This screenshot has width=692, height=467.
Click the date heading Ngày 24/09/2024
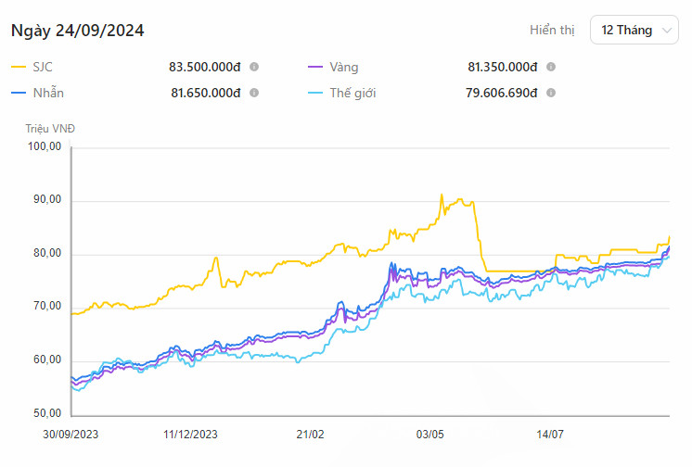click(x=77, y=31)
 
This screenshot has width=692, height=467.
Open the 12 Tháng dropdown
click(x=634, y=31)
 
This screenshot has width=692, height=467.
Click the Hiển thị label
click(x=552, y=31)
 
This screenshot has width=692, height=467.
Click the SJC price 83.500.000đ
click(x=205, y=68)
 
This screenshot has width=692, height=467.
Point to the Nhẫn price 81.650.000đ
click(x=205, y=93)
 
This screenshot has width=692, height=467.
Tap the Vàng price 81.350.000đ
click(x=503, y=68)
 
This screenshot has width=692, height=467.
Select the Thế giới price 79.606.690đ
click(x=502, y=93)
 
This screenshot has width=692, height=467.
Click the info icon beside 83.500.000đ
click(x=254, y=68)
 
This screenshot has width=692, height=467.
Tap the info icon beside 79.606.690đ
click(x=551, y=93)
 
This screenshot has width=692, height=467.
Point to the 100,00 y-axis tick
click(x=45, y=146)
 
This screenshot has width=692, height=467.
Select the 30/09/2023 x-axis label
click(x=70, y=434)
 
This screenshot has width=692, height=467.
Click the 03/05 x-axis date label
click(x=430, y=434)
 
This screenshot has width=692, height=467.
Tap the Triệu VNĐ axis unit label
click(x=44, y=129)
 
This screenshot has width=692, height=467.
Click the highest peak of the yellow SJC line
click(x=442, y=195)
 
